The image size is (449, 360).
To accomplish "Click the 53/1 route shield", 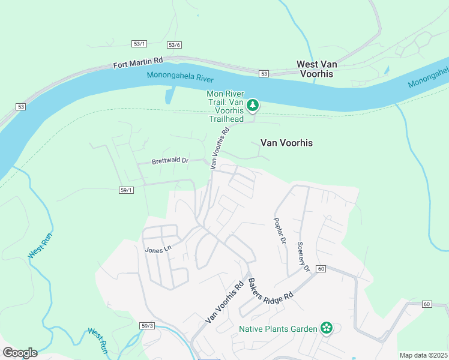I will pos(139,44).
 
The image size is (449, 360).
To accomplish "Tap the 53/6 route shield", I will pos(175,45).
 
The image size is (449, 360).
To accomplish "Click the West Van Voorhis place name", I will pos(315,68).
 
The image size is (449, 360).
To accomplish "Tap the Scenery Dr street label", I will pos(303,257).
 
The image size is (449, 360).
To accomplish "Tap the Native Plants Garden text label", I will pos(279,328).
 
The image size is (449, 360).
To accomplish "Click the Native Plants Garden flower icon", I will pos(326,328).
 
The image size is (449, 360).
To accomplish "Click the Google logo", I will pos(20,353).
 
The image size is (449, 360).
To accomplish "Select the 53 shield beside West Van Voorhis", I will pos(264,74).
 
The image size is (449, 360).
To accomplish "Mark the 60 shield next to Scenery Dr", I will pos(321,269).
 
